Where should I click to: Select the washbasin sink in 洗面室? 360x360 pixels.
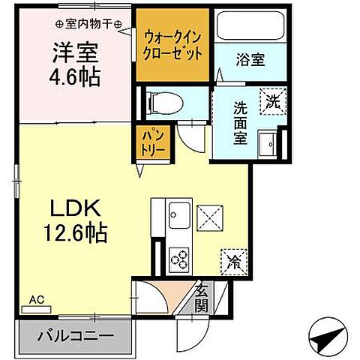coord(268,142)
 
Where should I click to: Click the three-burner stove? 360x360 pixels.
coord(181,259)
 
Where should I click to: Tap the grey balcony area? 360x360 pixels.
coord(76,335)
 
